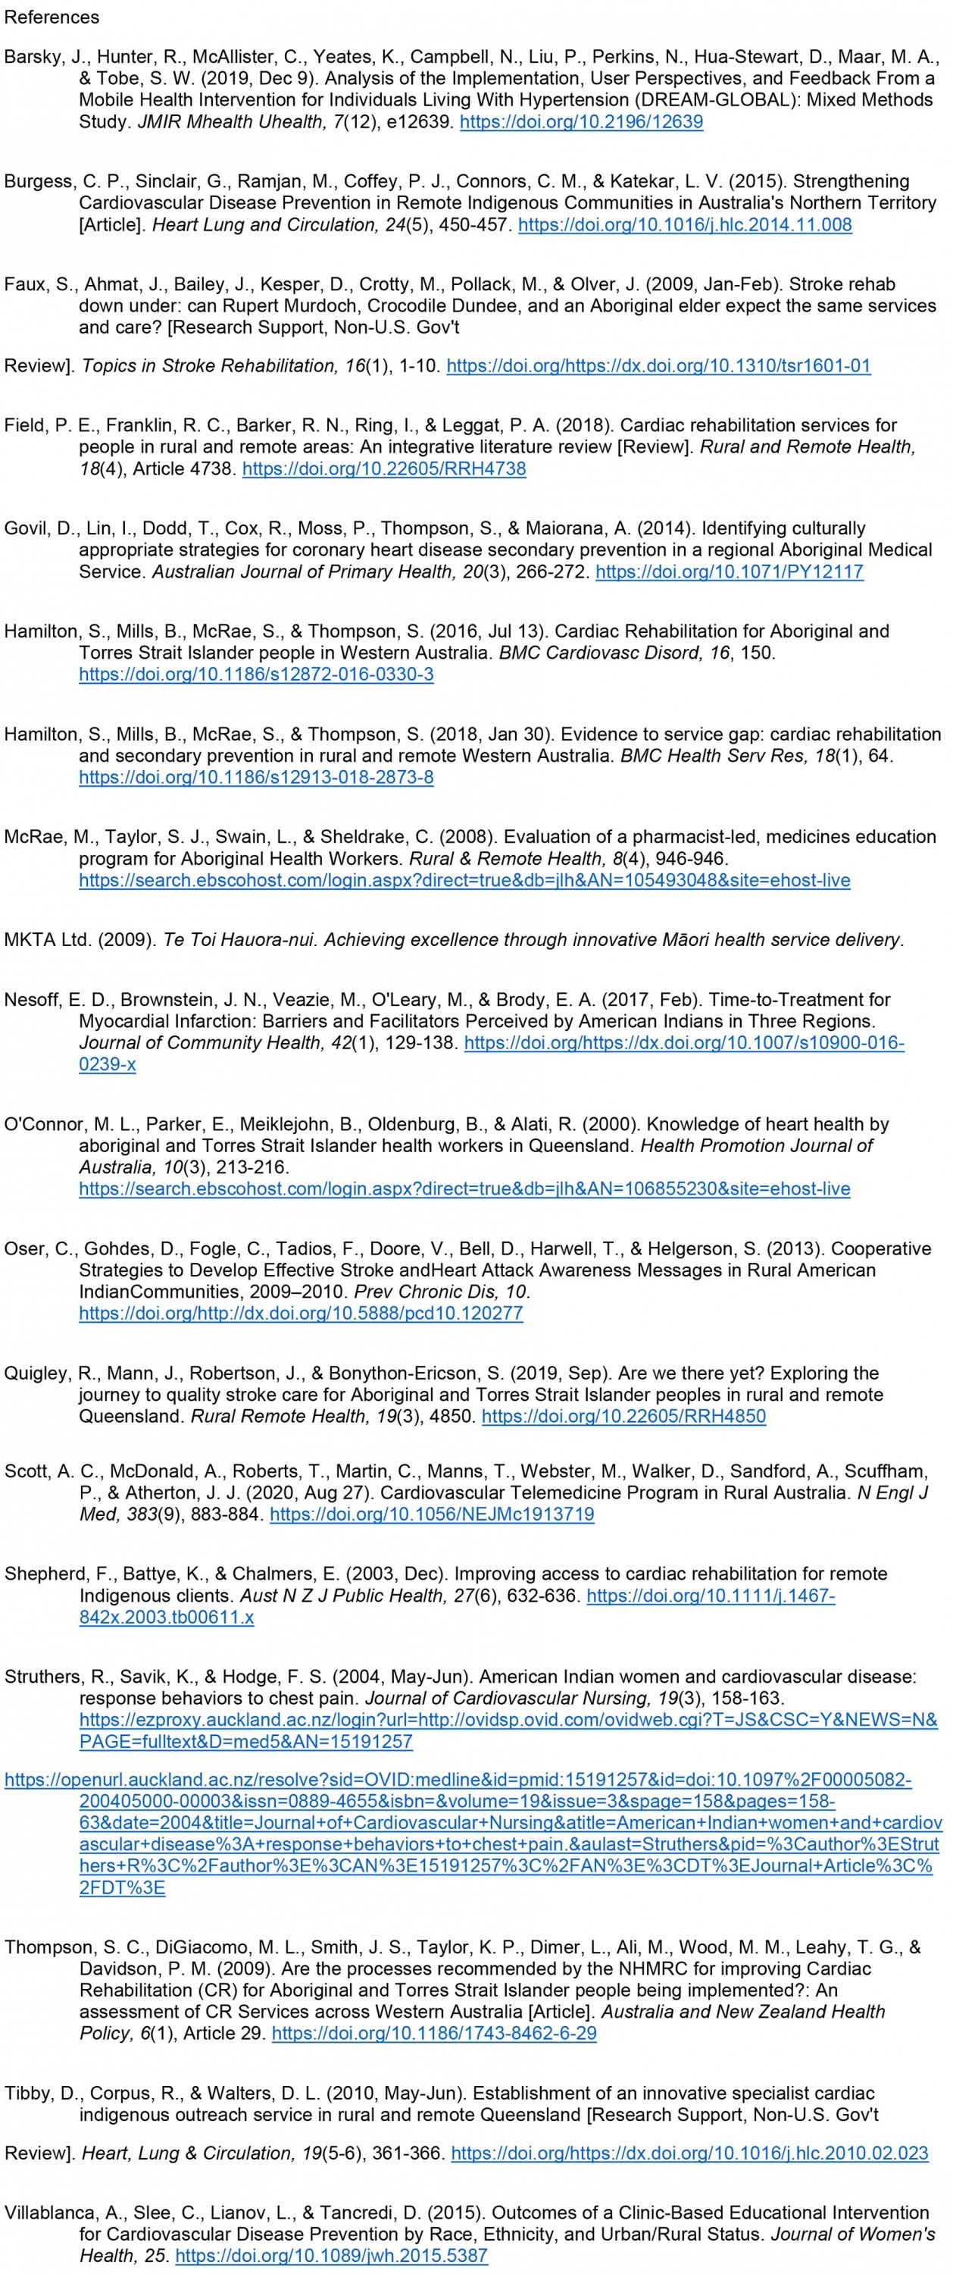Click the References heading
(x=52, y=17)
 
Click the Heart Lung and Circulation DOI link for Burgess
(x=685, y=225)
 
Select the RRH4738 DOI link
(x=384, y=468)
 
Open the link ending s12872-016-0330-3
(x=256, y=675)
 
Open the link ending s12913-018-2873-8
(x=256, y=778)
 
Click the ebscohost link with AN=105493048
(x=464, y=880)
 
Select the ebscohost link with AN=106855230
(x=464, y=1189)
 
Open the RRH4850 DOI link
(x=624, y=1416)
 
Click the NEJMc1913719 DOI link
(x=432, y=1514)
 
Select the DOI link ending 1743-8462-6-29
(x=434, y=2033)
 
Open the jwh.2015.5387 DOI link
(x=331, y=2256)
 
